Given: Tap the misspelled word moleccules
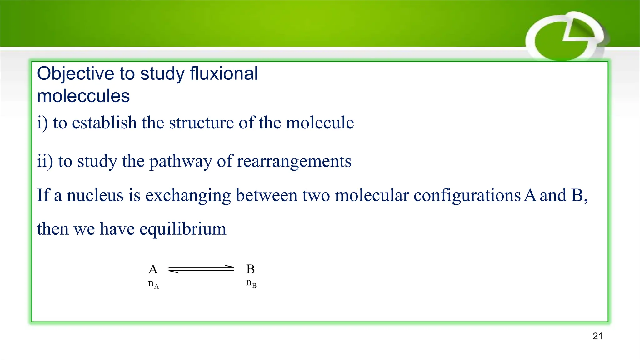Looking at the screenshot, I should point(83,96).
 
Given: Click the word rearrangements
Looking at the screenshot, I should point(294,162).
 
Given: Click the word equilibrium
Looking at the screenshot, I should point(183,229).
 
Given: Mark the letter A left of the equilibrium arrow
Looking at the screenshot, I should point(153,269).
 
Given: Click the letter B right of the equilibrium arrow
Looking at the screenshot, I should point(251,269).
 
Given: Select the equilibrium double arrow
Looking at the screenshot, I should point(201,269).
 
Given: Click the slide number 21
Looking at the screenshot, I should point(597,336).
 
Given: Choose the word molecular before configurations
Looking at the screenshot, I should point(372,195).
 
